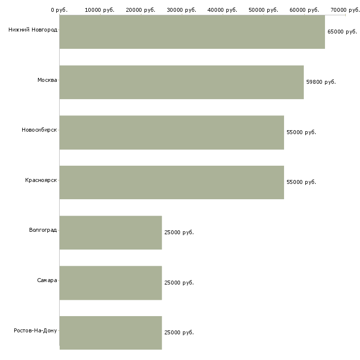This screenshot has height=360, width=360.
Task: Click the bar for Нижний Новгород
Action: (192, 32)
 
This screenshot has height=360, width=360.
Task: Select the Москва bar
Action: (181, 82)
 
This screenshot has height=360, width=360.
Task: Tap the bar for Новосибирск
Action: (172, 133)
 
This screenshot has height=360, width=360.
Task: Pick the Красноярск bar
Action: (172, 182)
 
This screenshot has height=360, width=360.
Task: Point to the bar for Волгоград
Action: (110, 233)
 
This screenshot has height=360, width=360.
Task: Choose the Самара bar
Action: (110, 283)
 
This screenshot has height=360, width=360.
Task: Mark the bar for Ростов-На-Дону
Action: (110, 333)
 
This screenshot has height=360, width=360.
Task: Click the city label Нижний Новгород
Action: (33, 30)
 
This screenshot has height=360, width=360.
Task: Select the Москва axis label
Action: (47, 80)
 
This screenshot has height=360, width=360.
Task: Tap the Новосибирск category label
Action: (39, 130)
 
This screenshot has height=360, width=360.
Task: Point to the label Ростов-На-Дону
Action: (36, 330)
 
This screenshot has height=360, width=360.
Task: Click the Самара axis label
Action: (47, 280)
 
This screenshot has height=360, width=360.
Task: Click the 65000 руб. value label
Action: (342, 32)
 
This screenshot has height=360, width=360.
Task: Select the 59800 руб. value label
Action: (321, 82)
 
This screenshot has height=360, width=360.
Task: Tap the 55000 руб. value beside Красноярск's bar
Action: (301, 182)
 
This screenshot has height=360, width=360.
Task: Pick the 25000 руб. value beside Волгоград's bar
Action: (179, 232)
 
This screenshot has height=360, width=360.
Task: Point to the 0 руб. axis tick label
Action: (59, 10)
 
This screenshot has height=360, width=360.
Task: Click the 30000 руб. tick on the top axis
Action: (181, 10)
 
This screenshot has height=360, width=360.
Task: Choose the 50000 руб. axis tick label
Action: (263, 10)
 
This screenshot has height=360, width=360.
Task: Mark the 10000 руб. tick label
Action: (100, 10)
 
